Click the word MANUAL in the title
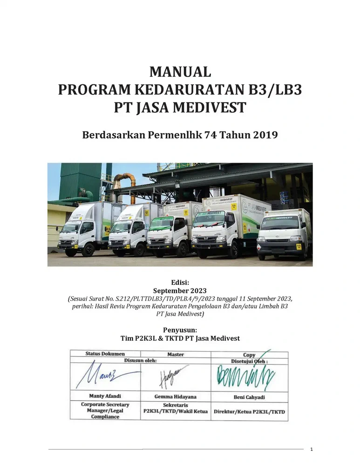(180, 72)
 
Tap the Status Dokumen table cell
(105, 354)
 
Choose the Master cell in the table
(176, 355)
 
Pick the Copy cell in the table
(249, 355)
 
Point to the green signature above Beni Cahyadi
(245, 375)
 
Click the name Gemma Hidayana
(176, 397)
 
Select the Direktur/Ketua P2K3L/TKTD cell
(249, 412)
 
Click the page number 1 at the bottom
(312, 449)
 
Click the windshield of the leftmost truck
(71, 227)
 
